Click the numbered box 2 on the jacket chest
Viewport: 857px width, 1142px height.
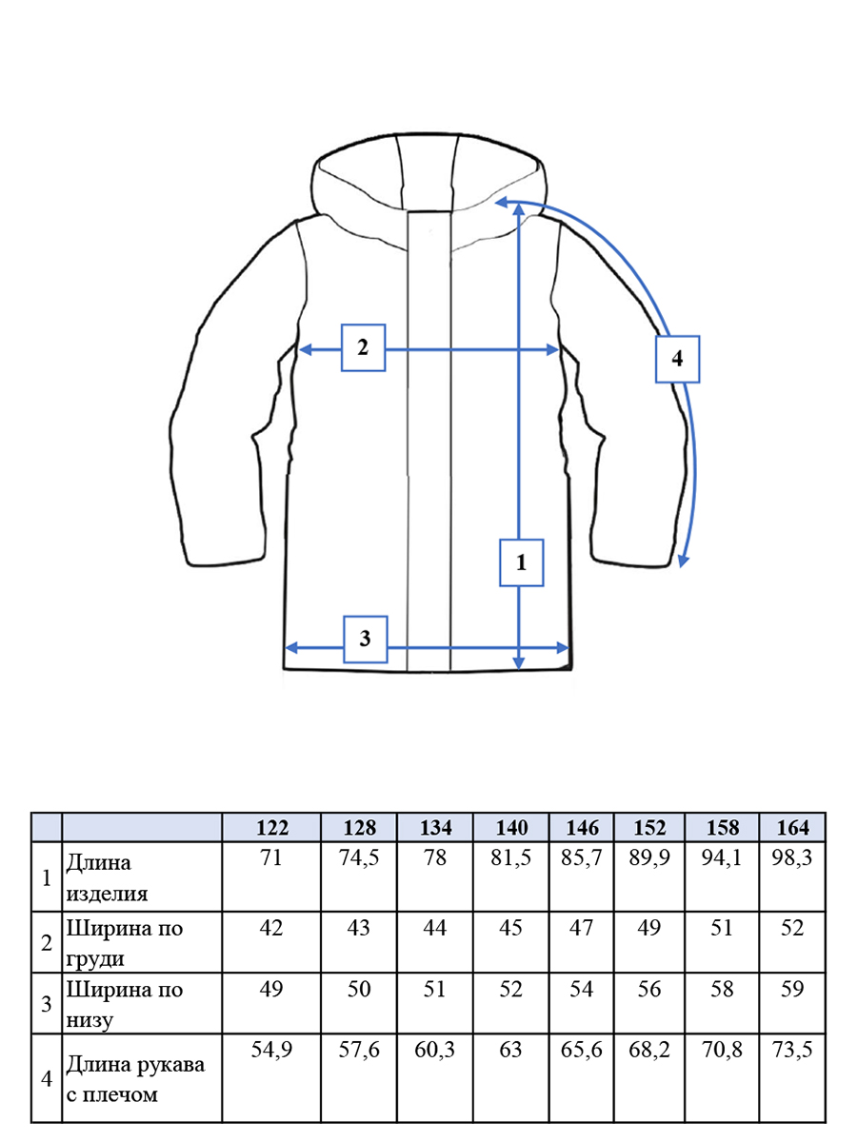point(363,347)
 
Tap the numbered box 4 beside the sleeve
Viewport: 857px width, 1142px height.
point(677,359)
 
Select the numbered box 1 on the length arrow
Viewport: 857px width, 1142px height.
point(522,562)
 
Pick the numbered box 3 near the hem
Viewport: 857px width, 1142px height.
point(366,640)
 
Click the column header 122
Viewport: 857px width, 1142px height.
point(272,828)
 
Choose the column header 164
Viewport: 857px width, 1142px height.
point(793,828)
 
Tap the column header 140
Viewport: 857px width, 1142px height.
point(512,828)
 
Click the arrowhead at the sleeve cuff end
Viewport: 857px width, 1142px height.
point(683,561)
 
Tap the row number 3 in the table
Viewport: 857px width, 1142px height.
point(47,1004)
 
